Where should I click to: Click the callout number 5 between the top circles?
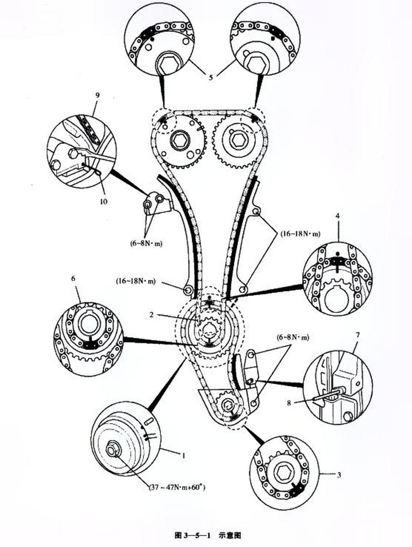(211, 77)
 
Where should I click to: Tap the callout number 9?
(97, 95)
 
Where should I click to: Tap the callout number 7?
(357, 335)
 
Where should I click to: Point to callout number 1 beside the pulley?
(184, 456)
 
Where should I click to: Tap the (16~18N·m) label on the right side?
(300, 234)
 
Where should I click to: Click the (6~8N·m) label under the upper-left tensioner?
(146, 243)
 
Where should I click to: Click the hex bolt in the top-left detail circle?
(169, 64)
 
